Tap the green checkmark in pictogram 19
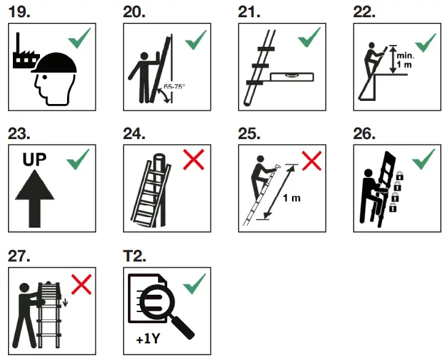(79, 40)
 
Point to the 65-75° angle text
(173, 87)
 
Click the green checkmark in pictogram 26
(424, 161)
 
